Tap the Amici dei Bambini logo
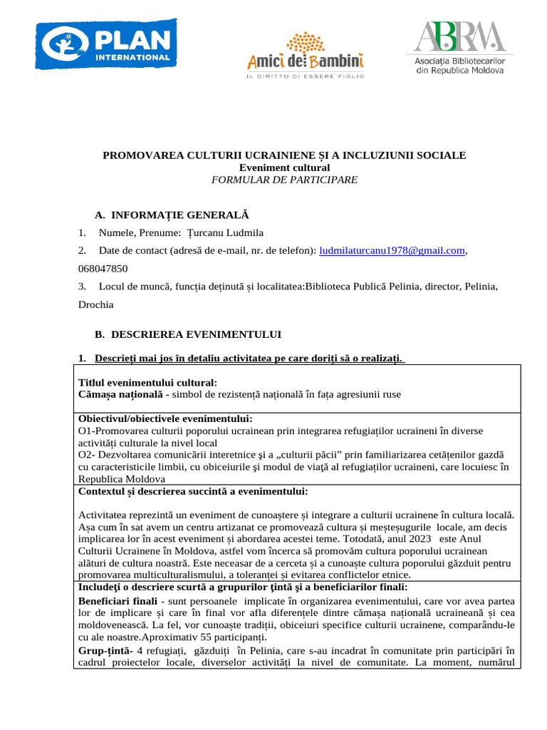pyautogui.click(x=305, y=54)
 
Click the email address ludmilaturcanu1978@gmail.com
pyautogui.click(x=392, y=250)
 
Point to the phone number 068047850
pyautogui.click(x=103, y=269)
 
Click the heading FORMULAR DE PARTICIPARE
pyautogui.click(x=284, y=180)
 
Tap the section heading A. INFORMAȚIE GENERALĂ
pyautogui.click(x=172, y=215)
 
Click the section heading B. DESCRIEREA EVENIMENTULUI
pyautogui.click(x=188, y=334)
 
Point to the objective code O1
pyautogui.click(x=85, y=431)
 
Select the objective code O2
pyautogui.click(x=85, y=455)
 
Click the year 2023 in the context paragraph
pyautogui.click(x=426, y=539)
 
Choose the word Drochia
pyautogui.click(x=95, y=304)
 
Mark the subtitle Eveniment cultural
pyautogui.click(x=284, y=167)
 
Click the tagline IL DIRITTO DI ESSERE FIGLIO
pyautogui.click(x=305, y=75)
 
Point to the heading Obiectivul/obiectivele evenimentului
pyautogui.click(x=165, y=418)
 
